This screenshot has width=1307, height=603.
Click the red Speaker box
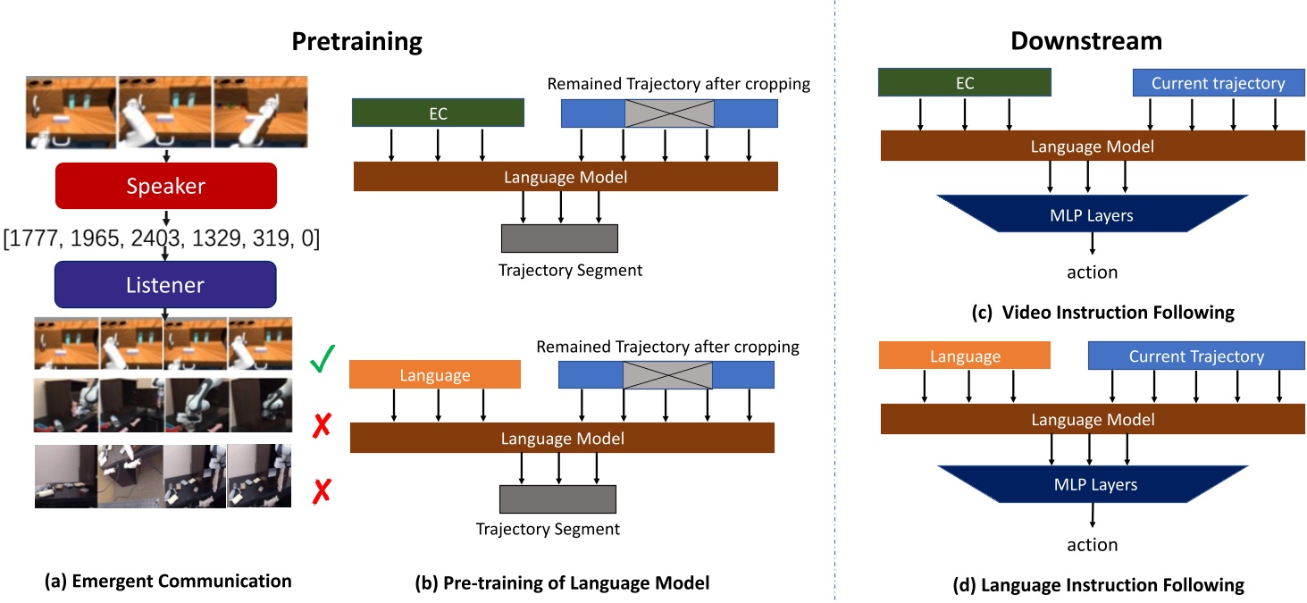click(x=165, y=186)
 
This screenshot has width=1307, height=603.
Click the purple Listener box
click(x=165, y=284)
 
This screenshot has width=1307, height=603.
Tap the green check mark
click(x=323, y=363)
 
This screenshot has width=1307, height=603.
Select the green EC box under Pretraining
click(x=438, y=113)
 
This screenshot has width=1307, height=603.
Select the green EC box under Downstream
click(x=964, y=83)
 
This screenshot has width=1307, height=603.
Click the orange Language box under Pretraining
click(x=434, y=374)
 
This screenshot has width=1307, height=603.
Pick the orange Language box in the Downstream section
click(x=965, y=356)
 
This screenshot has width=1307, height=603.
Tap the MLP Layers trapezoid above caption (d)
click(x=1093, y=484)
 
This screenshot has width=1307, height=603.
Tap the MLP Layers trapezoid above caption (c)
click(x=1093, y=215)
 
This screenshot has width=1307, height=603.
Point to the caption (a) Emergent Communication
click(x=168, y=581)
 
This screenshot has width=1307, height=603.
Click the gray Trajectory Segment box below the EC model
click(x=559, y=239)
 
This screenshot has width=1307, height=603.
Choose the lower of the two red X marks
click(x=323, y=490)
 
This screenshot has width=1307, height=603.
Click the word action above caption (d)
click(x=1093, y=544)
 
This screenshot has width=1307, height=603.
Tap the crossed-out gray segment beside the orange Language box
click(x=667, y=374)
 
